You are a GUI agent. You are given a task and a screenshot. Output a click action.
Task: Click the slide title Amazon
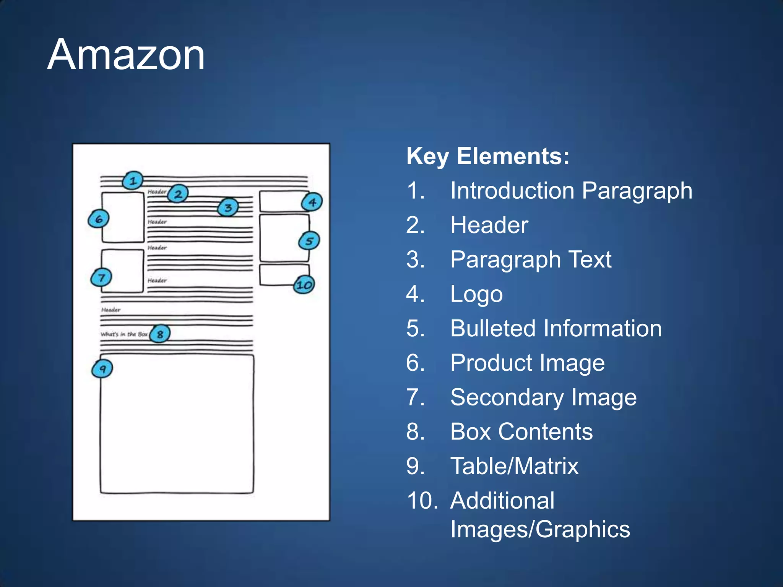click(126, 55)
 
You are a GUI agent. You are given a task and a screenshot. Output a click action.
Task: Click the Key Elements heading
click(488, 156)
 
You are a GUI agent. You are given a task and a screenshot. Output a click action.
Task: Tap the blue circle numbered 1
click(133, 180)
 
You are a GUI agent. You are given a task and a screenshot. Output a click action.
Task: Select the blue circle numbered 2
click(178, 194)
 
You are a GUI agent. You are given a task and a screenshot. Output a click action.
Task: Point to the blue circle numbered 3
click(228, 208)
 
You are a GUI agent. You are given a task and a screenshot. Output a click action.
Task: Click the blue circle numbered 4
click(312, 202)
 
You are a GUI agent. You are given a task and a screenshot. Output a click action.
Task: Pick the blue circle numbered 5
click(309, 241)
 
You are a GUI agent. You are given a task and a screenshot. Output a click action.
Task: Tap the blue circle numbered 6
click(99, 219)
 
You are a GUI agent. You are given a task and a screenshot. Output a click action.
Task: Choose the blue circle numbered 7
click(101, 277)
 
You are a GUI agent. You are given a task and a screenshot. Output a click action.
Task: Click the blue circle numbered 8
click(160, 334)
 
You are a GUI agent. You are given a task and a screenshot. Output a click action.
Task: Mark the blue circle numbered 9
click(102, 369)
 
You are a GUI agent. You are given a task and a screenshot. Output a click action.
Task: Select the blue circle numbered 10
click(304, 285)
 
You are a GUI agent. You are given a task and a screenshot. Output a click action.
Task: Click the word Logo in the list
click(476, 294)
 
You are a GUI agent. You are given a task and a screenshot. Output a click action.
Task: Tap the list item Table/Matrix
click(514, 466)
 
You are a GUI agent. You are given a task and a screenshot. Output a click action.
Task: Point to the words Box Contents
click(521, 432)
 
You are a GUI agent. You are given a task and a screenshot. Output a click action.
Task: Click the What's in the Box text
click(124, 334)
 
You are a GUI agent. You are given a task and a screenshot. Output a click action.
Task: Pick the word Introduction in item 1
click(512, 191)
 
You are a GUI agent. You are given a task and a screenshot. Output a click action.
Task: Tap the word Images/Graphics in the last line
click(540, 529)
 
